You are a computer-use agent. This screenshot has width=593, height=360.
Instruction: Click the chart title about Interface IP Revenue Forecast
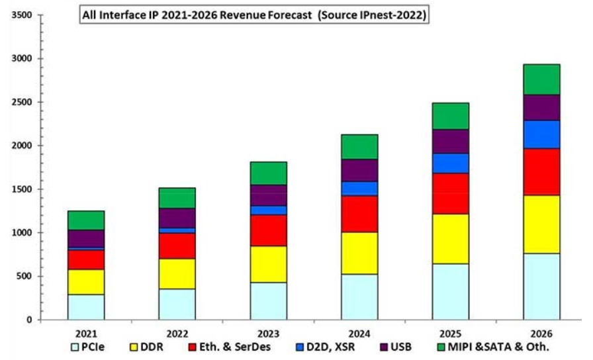253,15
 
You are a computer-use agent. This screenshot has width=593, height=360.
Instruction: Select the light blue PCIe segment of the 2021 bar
86,307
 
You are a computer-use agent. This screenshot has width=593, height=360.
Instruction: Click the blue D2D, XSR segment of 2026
541,134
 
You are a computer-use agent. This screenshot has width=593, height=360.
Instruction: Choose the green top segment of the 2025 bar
451,116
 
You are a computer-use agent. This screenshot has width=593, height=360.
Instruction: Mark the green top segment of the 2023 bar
268,173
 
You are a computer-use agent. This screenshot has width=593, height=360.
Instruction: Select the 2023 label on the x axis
268,334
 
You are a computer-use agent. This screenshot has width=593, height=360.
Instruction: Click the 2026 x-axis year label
541,334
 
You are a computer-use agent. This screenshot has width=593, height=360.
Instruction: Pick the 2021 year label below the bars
86,334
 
